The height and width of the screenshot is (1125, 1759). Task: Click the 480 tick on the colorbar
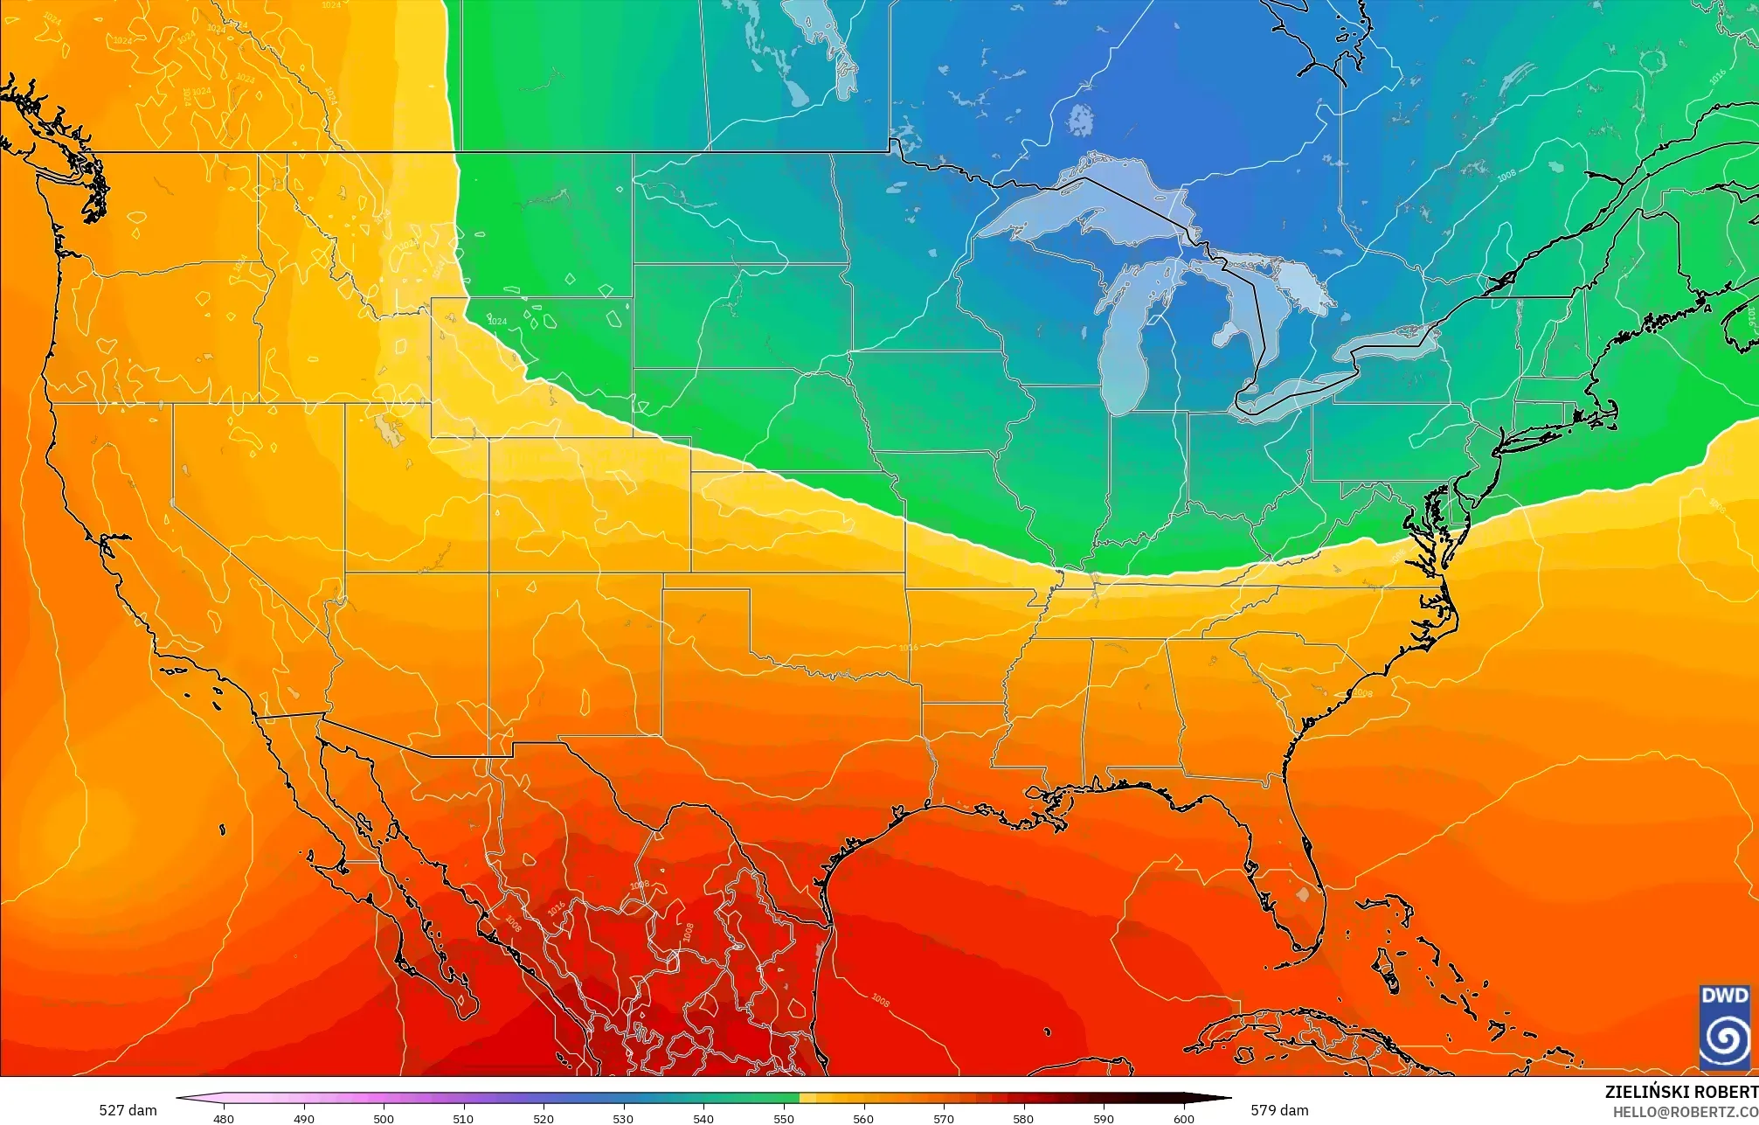[x=224, y=1118]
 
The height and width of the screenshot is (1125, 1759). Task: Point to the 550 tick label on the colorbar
[x=783, y=1118]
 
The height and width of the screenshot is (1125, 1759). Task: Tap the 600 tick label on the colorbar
[x=1183, y=1118]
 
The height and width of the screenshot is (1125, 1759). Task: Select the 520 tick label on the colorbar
[x=544, y=1118]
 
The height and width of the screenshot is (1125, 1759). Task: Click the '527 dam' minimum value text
[x=128, y=1110]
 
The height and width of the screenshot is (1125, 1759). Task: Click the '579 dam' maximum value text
[x=1279, y=1110]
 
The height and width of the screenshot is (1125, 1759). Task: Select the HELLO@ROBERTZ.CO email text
[x=1685, y=1112]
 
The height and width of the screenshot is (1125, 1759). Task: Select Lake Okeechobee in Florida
[x=1303, y=894]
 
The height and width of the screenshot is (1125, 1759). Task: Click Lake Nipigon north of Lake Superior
[x=1081, y=120]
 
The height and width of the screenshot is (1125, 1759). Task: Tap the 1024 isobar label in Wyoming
[x=496, y=322]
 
